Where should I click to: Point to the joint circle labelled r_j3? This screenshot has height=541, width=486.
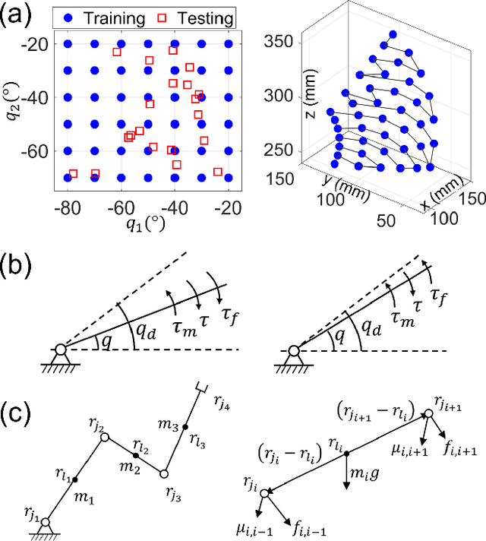[163, 473]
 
